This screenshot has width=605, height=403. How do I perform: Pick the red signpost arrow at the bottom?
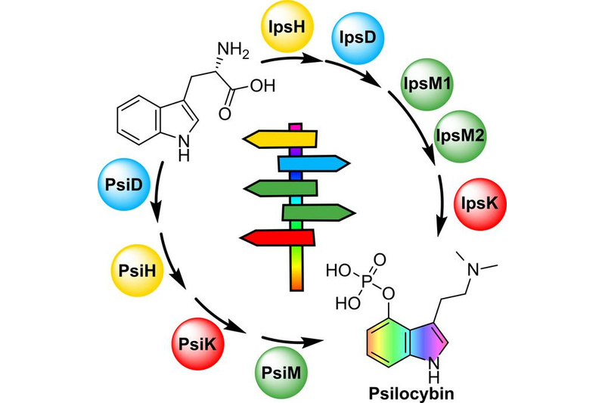[276, 237]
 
